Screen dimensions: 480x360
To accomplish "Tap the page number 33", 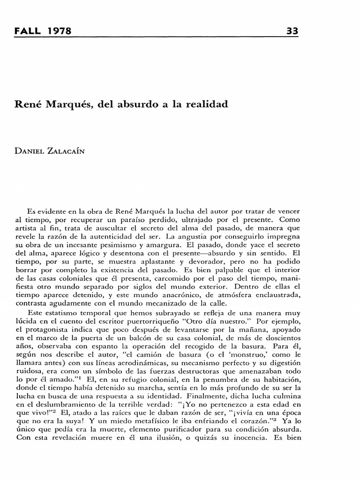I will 292,31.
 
